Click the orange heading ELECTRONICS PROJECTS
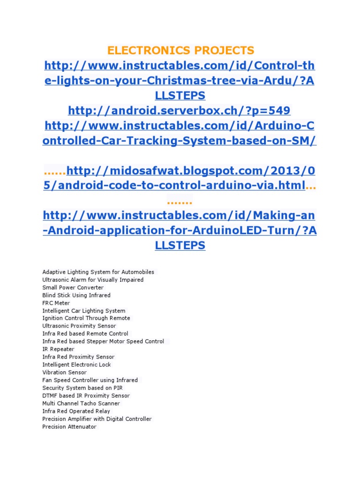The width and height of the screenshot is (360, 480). [x=180, y=50]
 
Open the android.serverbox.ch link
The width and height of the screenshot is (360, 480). [x=180, y=111]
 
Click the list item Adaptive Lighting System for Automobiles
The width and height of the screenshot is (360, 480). [x=98, y=272]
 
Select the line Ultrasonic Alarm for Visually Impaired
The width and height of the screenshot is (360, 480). [x=93, y=280]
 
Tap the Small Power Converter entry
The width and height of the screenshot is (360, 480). [x=73, y=287]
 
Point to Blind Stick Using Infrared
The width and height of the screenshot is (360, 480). [x=76, y=295]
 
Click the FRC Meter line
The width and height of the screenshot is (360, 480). [x=56, y=303]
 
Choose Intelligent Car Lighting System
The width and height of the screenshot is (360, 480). [x=84, y=311]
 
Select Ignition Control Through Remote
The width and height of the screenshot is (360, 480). [x=86, y=318]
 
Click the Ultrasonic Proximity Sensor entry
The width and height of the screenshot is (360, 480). [x=79, y=326]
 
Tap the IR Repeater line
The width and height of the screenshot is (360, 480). [x=58, y=349]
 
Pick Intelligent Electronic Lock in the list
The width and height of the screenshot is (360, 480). [x=76, y=365]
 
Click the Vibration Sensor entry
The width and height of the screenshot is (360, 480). [x=64, y=372]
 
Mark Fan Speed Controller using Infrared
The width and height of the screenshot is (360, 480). [x=90, y=380]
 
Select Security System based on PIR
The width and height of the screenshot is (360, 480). [x=83, y=388]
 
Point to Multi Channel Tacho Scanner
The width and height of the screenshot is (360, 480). [x=81, y=403]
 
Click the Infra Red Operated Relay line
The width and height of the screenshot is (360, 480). [x=76, y=411]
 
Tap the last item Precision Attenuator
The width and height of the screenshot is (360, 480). [x=69, y=427]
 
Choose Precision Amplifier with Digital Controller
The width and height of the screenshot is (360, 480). [x=97, y=419]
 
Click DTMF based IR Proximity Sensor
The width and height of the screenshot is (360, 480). [x=86, y=396]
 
